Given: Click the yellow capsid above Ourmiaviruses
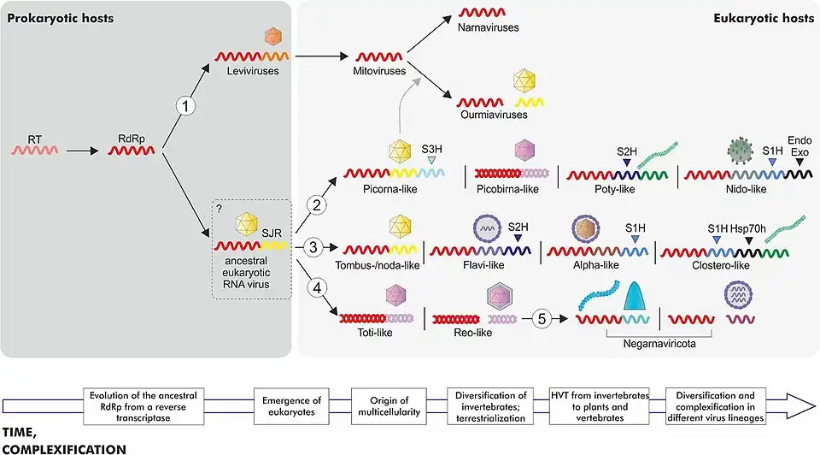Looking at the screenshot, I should click(x=524, y=82).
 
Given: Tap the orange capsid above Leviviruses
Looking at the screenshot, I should click(x=273, y=36).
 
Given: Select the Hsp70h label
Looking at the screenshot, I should click(x=746, y=229).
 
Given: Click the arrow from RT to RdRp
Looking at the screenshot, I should click(x=83, y=151).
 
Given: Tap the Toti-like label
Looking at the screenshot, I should click(x=372, y=332).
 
